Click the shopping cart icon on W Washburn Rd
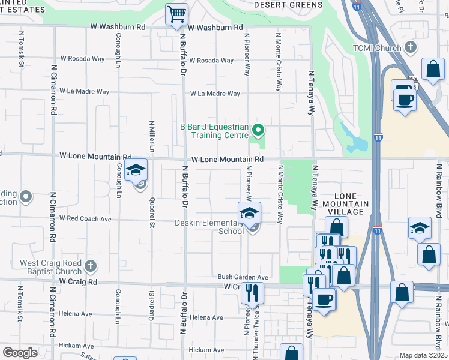click(x=176, y=14)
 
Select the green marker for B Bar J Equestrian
click(x=258, y=129)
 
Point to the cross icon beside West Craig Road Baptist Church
click(x=90, y=265)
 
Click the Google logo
click(x=20, y=353)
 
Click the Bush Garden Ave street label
click(x=243, y=277)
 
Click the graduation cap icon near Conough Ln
click(x=136, y=171)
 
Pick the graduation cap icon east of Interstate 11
click(x=420, y=227)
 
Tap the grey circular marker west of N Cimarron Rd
click(x=26, y=196)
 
